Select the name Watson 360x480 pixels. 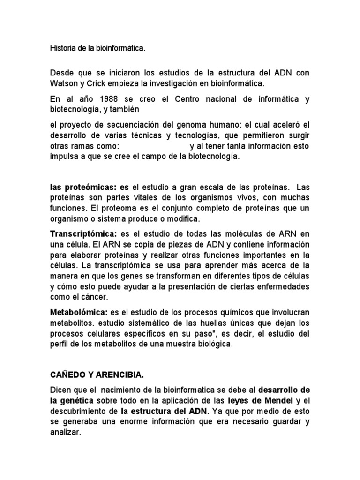tap(65, 84)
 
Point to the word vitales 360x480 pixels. tap(130, 198)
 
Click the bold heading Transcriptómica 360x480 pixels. tap(84, 233)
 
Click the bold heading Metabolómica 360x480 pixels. tap(79, 312)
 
